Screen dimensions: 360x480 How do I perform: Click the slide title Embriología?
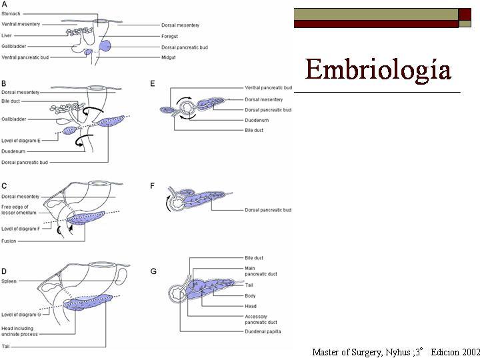(x=377, y=69)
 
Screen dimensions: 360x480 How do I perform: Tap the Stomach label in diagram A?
(x=13, y=13)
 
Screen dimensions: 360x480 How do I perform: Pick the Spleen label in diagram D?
(x=10, y=281)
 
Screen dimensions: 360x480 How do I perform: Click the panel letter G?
(x=154, y=271)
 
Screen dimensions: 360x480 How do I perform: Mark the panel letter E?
(x=153, y=83)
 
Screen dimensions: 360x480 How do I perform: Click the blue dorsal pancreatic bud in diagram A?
(x=106, y=47)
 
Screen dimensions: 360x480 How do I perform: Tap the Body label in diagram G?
(x=251, y=295)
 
